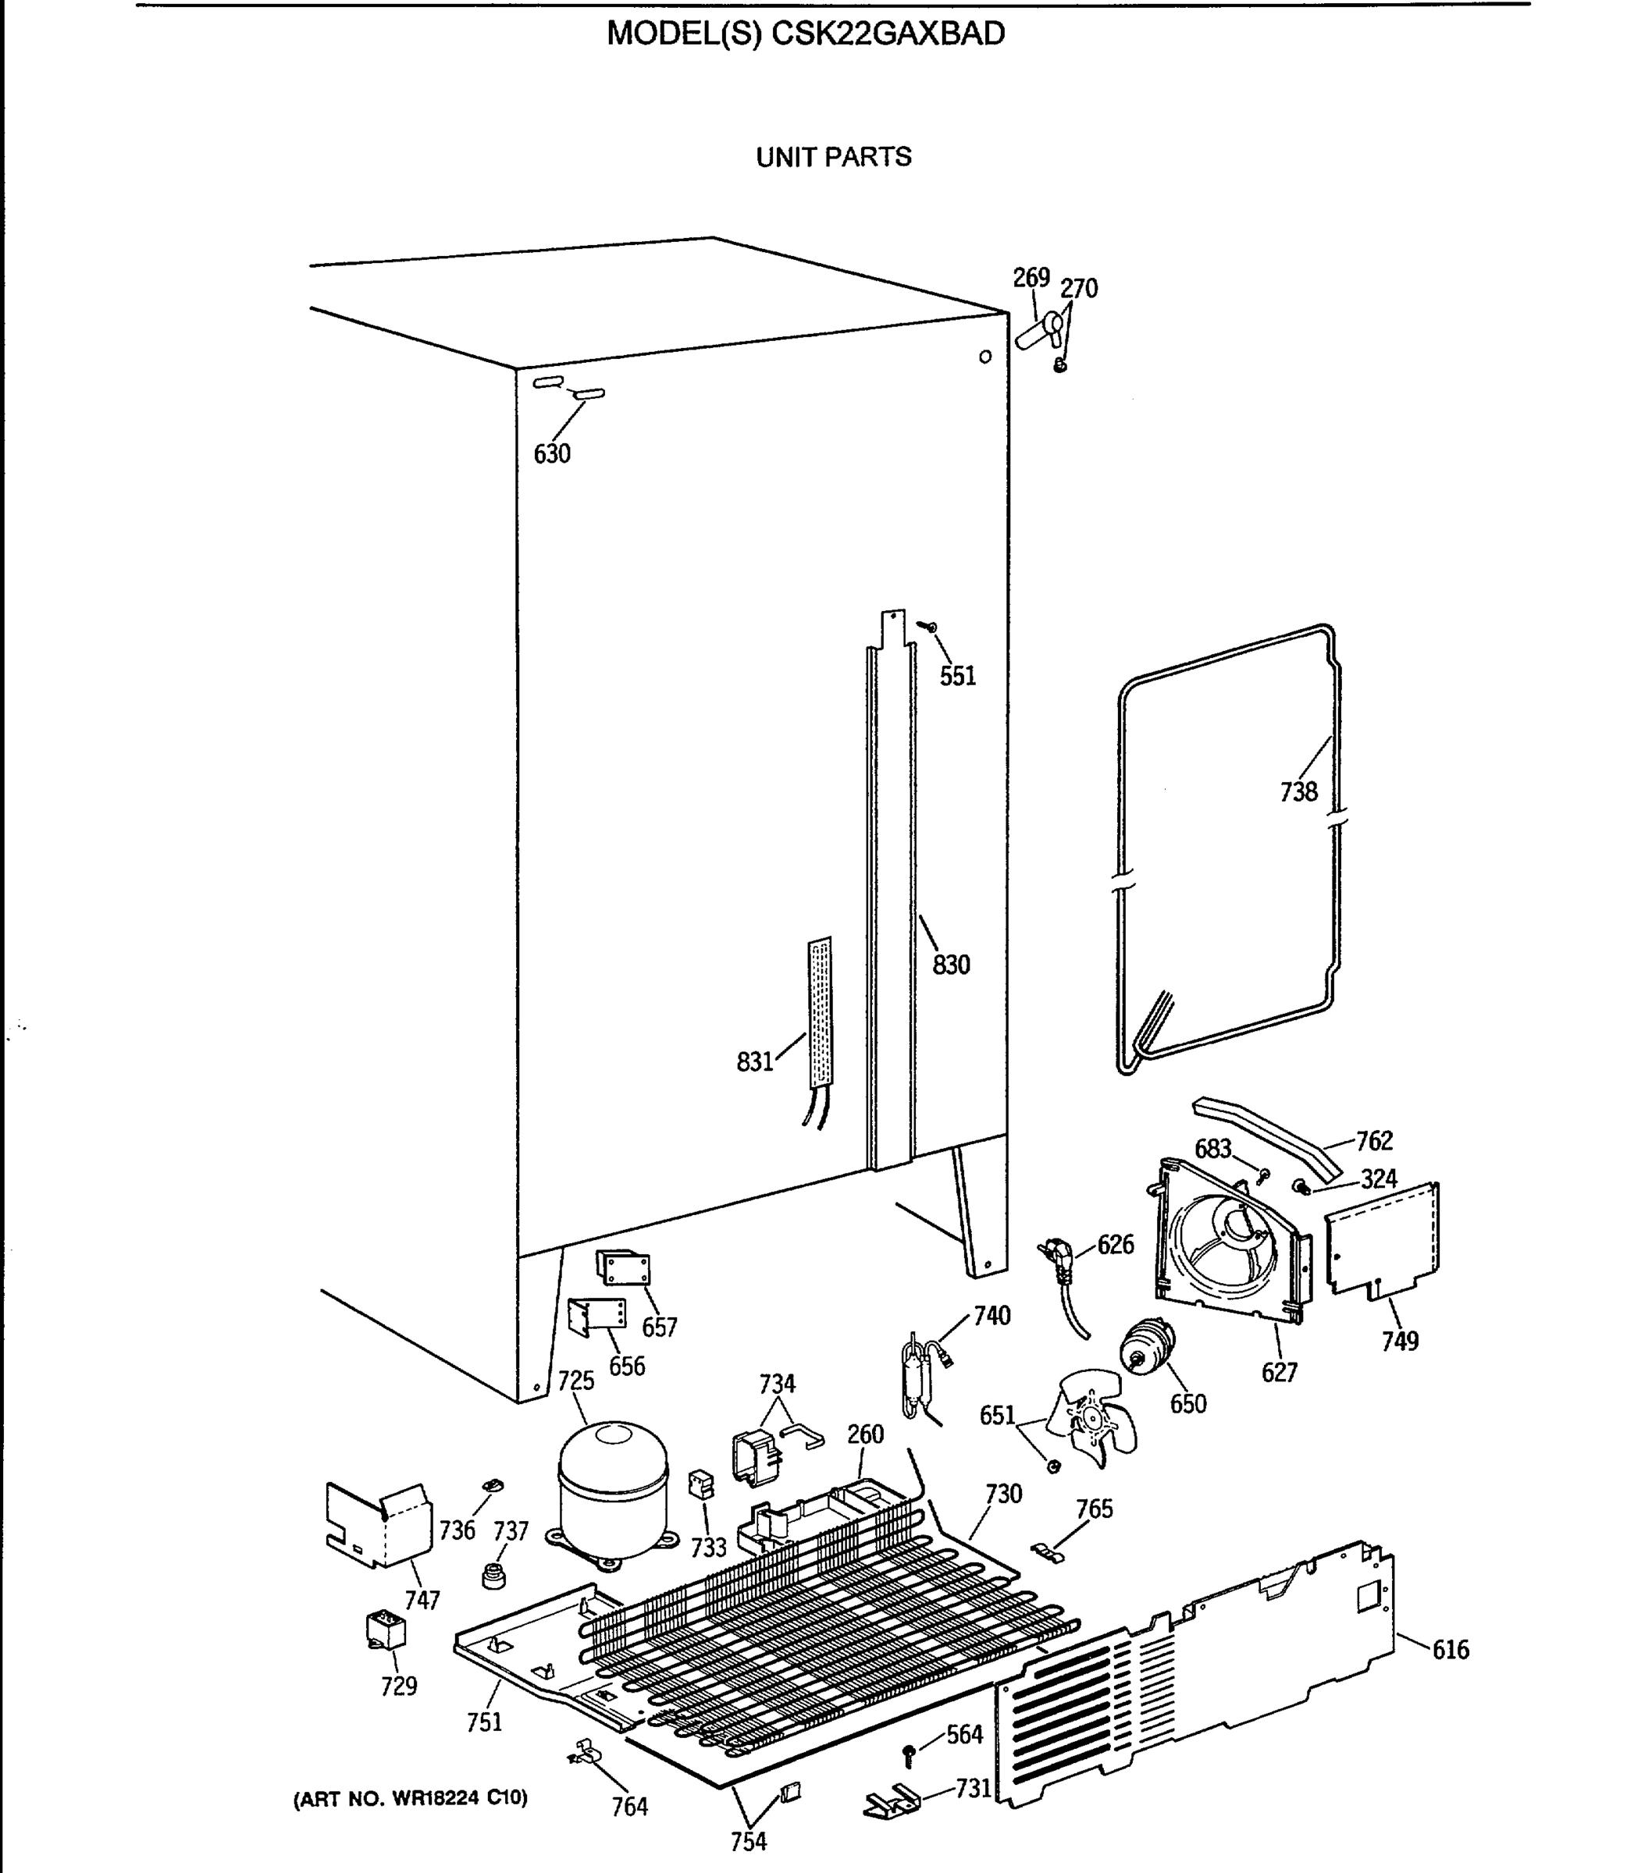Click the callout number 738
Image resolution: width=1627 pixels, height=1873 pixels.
click(1298, 792)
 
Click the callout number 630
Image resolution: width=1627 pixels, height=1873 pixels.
click(552, 453)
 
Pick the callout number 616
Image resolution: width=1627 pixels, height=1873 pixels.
click(1450, 1650)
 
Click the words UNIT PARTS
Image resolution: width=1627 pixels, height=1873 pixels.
click(834, 157)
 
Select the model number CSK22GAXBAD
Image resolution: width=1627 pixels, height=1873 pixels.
click(888, 34)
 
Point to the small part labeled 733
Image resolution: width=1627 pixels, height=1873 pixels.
click(701, 1484)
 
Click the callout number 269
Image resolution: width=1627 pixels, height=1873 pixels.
click(1031, 278)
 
